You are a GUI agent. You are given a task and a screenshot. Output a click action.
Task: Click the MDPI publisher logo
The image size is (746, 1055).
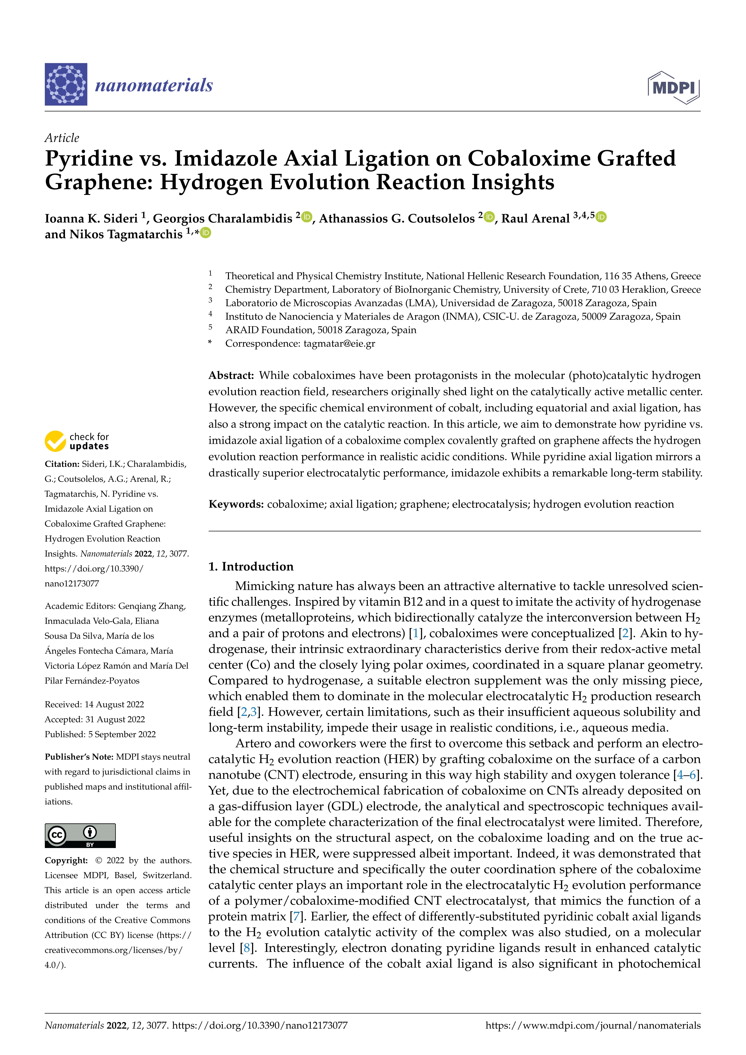[674, 87]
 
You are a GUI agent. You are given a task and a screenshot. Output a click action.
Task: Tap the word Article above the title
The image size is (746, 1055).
[62, 138]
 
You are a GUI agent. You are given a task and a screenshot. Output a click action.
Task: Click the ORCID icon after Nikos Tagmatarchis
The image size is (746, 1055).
[206, 233]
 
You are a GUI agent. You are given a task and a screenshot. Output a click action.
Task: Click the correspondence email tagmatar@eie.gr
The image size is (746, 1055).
[339, 343]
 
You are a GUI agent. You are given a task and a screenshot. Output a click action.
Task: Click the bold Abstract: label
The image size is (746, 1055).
[231, 375]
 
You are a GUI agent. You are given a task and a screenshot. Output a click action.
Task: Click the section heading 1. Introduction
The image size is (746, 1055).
[251, 566]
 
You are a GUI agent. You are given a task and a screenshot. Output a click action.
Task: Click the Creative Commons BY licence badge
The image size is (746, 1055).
[80, 835]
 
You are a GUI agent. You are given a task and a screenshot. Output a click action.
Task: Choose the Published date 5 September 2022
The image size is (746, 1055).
[122, 734]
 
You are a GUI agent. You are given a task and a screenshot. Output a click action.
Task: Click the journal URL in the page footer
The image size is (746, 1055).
[593, 1025]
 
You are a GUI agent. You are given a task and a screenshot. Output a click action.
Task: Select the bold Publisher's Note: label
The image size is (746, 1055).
[79, 757]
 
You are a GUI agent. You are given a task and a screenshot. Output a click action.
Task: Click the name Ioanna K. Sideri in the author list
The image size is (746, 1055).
[91, 218]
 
